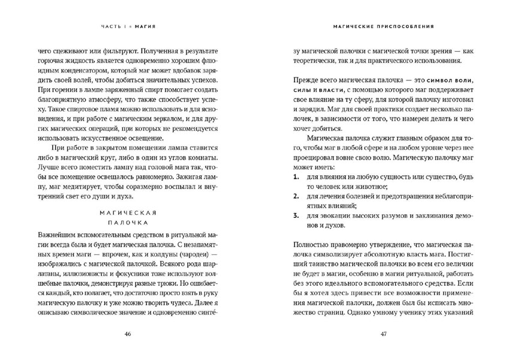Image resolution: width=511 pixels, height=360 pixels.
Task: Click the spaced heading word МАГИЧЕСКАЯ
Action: pyautogui.click(x=128, y=213)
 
